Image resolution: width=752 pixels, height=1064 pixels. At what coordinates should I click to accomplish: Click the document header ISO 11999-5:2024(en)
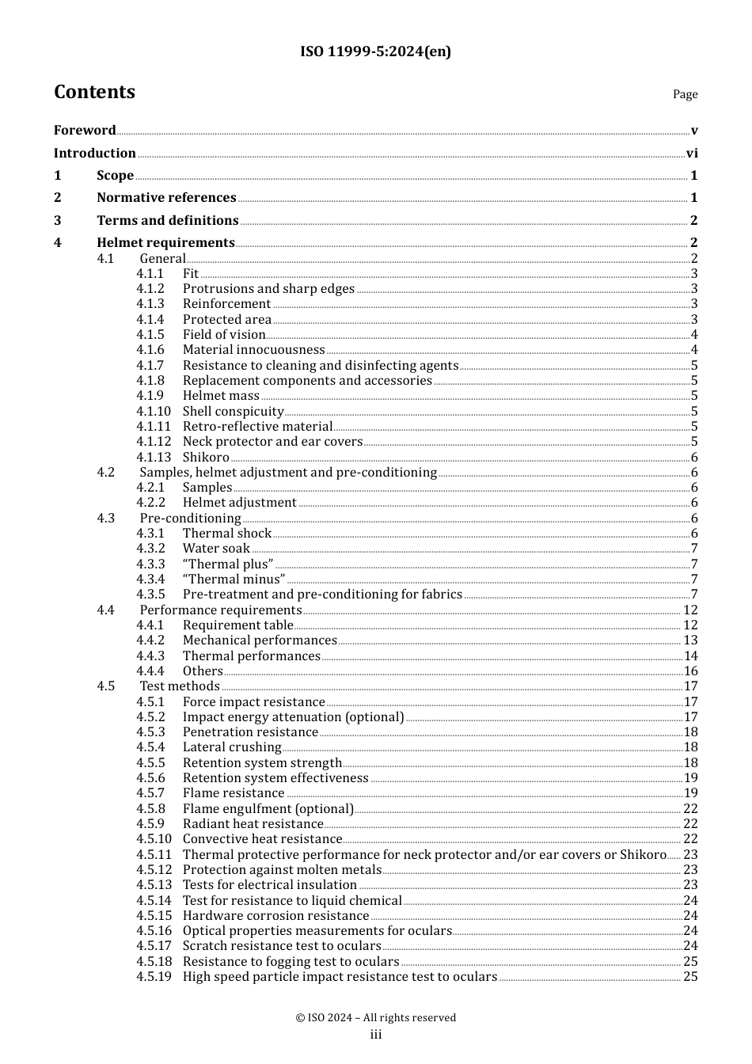point(375,52)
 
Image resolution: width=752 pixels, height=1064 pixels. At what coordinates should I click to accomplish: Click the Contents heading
point(94,92)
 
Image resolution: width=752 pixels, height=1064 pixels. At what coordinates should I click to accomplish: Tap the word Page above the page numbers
point(685,94)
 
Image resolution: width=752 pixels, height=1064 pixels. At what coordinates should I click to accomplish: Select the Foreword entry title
point(85,131)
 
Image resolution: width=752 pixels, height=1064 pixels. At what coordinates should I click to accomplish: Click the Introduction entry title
point(94,154)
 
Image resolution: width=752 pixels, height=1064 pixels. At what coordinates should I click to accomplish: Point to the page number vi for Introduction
point(692,154)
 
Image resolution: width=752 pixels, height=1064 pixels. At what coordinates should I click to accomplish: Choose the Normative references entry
point(166,198)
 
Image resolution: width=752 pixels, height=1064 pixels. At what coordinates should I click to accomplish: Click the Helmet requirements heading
point(165,243)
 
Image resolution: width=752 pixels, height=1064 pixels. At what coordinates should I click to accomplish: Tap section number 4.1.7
point(150,366)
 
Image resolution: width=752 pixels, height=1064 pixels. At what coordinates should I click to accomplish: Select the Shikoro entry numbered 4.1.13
point(206,458)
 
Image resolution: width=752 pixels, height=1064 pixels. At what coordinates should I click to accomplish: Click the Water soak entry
point(216,549)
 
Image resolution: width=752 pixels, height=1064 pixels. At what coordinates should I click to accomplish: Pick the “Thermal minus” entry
point(234,579)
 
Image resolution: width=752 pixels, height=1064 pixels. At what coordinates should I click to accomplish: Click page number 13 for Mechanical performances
point(690,640)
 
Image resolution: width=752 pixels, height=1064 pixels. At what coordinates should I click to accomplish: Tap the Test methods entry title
point(180,686)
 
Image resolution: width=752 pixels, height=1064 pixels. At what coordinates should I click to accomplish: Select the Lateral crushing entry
point(232,747)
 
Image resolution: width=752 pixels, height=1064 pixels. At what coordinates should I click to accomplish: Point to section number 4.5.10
point(153,839)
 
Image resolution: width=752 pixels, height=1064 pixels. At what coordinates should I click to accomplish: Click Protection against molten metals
point(282,870)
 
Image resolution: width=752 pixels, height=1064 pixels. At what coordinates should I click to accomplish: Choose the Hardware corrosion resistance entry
point(275,916)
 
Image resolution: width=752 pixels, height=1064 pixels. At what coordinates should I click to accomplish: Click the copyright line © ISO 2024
point(375,1018)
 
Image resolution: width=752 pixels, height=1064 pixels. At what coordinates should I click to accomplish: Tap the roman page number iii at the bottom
point(375,1035)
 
